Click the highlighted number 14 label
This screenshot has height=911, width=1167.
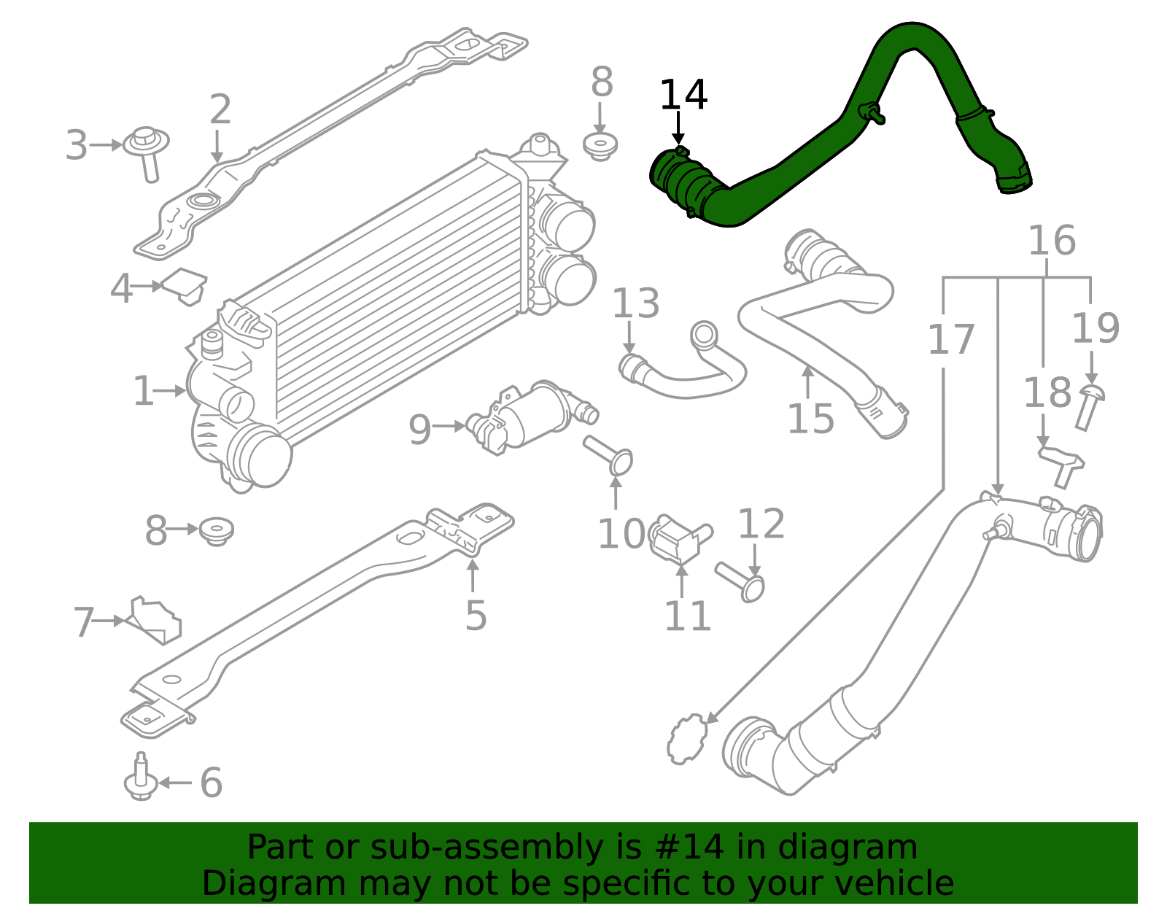[683, 96]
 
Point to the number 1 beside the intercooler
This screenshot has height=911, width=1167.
[144, 392]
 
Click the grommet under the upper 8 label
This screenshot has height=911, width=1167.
[600, 146]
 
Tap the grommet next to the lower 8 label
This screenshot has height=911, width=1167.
[216, 530]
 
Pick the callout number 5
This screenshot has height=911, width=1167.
[476, 616]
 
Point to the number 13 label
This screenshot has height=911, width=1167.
[635, 304]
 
